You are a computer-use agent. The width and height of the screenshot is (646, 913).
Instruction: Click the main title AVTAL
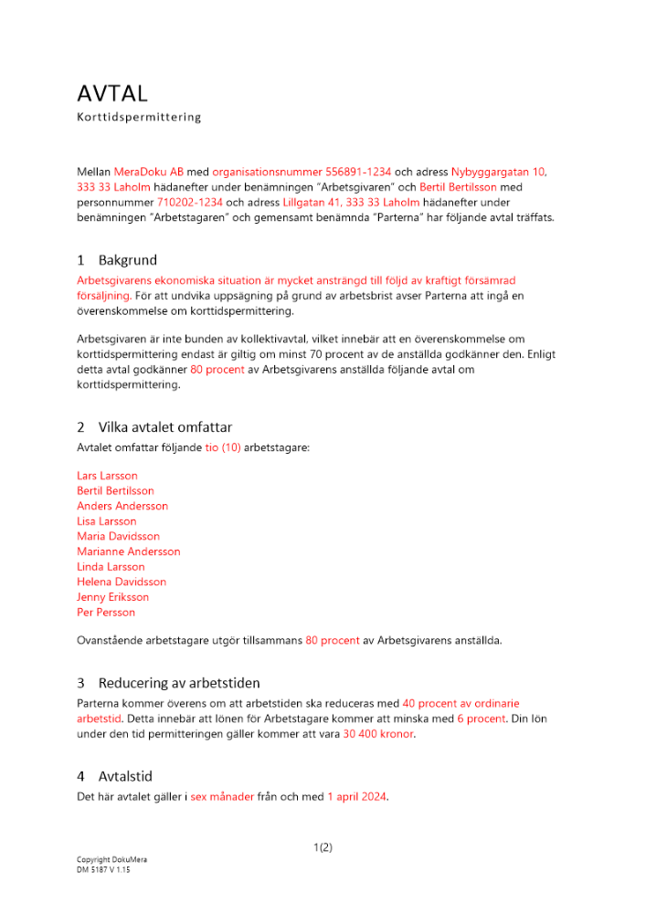[112, 93]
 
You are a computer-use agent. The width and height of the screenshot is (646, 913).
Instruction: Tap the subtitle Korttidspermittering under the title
[139, 118]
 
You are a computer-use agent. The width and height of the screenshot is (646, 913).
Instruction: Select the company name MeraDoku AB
[149, 172]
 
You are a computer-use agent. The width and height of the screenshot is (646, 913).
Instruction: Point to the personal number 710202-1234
[190, 202]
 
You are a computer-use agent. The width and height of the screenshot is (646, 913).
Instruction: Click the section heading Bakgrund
[128, 260]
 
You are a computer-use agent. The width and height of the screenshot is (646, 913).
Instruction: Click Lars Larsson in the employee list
[108, 476]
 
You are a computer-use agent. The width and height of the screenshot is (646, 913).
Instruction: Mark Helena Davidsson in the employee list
[122, 582]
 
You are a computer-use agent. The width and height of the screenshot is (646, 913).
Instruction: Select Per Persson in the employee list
[106, 613]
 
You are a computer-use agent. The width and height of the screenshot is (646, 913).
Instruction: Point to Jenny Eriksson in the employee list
[113, 597]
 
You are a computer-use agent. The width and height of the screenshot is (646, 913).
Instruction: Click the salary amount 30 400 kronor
[378, 734]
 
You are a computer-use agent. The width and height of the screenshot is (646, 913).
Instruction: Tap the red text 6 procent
[482, 719]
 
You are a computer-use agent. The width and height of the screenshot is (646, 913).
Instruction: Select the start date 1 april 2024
[357, 797]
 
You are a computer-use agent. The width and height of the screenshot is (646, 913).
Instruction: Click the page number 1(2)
[323, 847]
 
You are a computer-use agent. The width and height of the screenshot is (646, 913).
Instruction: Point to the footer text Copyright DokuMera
[111, 860]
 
